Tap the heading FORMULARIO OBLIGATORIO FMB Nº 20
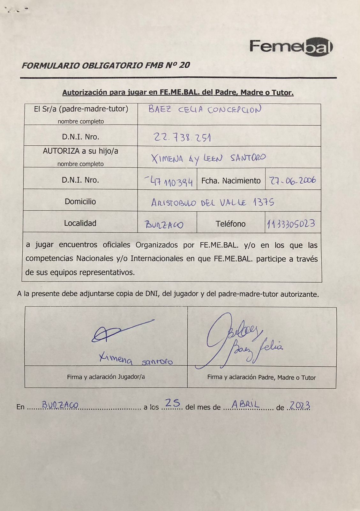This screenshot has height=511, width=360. point(106,65)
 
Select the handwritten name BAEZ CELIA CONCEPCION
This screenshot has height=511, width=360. point(205,110)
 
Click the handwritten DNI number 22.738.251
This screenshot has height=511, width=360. point(182,137)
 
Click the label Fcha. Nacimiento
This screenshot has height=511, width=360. point(231,181)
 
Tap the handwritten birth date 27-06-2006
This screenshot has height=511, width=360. point(292,180)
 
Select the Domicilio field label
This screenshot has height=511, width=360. point(80,202)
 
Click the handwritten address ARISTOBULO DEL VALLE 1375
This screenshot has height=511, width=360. point(213,202)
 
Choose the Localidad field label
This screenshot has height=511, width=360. point(80,223)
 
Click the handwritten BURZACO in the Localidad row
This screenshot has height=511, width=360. point(164,225)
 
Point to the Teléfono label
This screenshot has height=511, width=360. point(230,224)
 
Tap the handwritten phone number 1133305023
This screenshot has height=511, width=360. point(291,224)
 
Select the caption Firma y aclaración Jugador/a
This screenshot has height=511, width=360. point(106,377)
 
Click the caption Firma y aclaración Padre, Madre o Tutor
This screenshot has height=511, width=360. point(261,378)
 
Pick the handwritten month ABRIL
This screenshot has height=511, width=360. point(245,405)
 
